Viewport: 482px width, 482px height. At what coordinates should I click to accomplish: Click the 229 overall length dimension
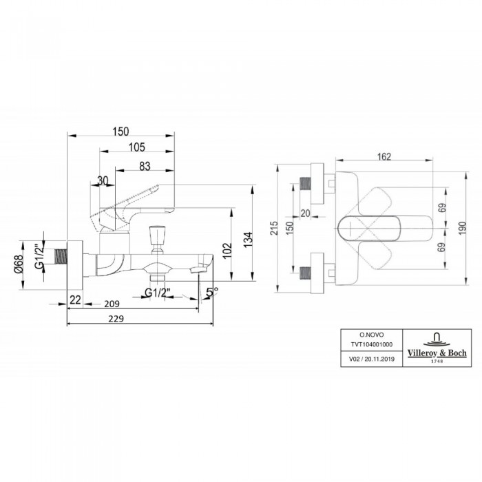[x=116, y=318]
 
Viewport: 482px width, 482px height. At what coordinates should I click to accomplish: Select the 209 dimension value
[x=112, y=304]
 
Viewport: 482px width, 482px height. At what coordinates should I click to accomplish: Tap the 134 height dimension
[x=249, y=240]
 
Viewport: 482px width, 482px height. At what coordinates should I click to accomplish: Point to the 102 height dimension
[x=227, y=251]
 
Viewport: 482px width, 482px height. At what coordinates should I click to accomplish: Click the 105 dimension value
[x=136, y=147]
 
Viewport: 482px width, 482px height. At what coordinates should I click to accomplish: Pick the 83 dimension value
[x=145, y=167]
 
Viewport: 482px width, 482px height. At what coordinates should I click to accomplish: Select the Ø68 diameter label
[x=19, y=264]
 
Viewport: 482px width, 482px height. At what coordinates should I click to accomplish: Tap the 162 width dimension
[x=384, y=157]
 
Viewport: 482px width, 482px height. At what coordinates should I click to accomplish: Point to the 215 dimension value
[x=274, y=228]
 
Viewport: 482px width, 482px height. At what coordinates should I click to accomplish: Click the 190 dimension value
[x=462, y=228]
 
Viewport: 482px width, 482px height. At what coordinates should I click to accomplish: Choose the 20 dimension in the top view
[x=305, y=213]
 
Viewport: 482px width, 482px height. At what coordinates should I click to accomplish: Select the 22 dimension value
[x=75, y=300]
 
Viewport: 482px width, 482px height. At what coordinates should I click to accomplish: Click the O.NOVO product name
[x=372, y=335]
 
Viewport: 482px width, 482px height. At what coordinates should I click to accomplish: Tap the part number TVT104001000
[x=372, y=344]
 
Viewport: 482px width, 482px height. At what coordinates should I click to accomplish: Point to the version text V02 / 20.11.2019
[x=372, y=359]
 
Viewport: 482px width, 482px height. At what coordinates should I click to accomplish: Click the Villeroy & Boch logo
[x=437, y=348]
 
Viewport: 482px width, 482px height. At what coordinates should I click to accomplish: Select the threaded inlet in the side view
[x=61, y=257]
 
